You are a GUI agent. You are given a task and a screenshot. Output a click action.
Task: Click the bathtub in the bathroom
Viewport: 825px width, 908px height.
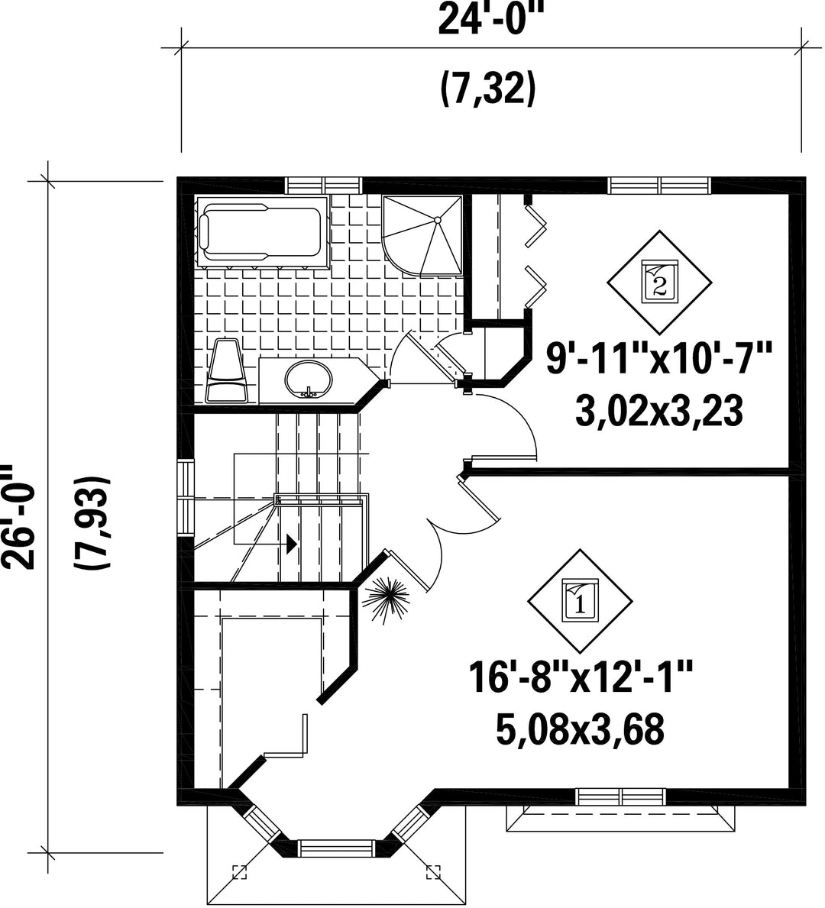262,232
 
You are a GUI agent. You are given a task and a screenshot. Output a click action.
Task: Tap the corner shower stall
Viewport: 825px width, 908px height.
422,234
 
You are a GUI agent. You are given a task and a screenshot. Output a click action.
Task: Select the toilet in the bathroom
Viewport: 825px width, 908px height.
228,370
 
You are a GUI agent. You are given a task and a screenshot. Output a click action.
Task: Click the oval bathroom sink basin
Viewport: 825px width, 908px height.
309,380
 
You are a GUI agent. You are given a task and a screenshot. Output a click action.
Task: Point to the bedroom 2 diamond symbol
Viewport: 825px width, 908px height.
659,283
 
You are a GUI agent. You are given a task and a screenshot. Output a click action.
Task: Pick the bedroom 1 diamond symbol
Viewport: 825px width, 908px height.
580,602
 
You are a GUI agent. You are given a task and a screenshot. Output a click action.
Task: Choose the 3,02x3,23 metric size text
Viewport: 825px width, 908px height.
659,411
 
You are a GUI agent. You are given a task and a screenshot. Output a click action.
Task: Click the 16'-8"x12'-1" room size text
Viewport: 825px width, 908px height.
581,679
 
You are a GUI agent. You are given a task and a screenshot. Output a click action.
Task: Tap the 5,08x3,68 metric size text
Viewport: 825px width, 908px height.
580,729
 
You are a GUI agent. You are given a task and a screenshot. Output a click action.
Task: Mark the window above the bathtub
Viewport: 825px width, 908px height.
325,186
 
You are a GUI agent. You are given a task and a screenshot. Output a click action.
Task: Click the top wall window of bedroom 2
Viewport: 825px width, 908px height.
660,186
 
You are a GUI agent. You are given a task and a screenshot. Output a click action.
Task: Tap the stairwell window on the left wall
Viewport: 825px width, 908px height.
186,497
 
